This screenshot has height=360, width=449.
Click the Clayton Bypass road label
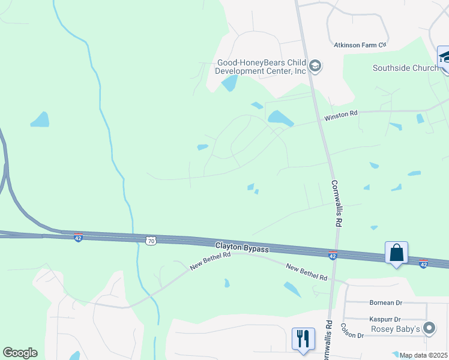click(242, 247)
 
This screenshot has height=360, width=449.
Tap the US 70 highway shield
click(151, 241)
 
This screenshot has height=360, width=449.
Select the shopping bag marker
click(397, 253)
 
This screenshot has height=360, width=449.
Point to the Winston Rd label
click(340, 114)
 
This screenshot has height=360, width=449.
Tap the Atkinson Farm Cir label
click(360, 45)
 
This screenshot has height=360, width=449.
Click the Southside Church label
click(405, 68)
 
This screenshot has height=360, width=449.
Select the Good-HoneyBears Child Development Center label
click(261, 66)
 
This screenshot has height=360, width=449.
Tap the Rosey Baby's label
click(396, 329)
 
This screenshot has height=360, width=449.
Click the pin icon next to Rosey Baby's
click(429, 328)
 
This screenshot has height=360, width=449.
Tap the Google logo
click(20, 353)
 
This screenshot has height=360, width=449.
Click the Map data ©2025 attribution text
click(423, 355)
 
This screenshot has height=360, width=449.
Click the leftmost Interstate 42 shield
click(77, 238)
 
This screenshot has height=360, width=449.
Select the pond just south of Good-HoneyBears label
click(229, 83)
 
